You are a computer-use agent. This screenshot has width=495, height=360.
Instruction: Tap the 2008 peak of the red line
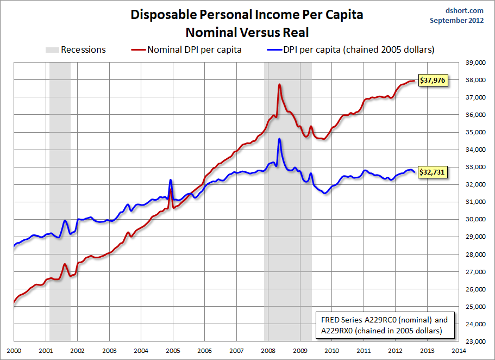[279, 84]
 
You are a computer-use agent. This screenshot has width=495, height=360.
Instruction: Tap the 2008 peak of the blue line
[279, 139]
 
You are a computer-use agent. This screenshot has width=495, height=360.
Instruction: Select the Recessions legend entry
[76, 50]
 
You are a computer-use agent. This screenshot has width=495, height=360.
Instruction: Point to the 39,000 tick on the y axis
[475, 63]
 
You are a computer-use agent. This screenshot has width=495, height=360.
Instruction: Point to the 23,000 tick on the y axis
[475, 342]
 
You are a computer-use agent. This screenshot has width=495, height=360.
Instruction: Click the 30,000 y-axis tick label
[475, 220]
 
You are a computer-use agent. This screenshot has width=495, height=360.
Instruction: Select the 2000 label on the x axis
[14, 351]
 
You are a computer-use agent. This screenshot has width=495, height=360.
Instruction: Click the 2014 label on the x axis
[459, 351]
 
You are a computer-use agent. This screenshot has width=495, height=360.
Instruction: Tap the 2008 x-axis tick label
[268, 351]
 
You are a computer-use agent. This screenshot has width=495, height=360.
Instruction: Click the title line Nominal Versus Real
[247, 32]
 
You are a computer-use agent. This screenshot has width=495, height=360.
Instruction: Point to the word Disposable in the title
[161, 14]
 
